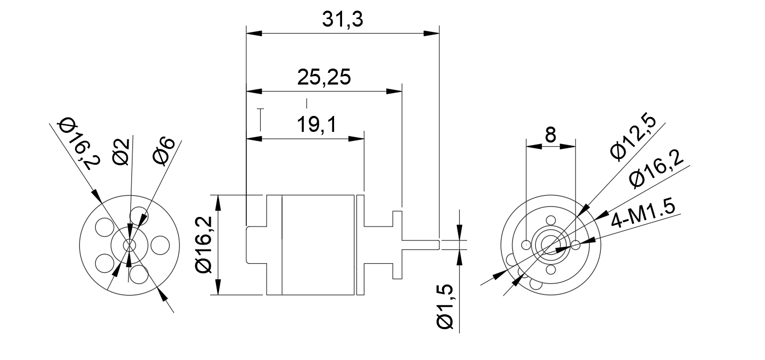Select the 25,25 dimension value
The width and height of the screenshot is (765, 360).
(x=323, y=77)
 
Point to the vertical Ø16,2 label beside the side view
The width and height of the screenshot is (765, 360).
(x=205, y=245)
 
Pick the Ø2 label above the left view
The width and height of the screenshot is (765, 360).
(x=122, y=152)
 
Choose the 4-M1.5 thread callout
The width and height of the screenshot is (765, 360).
(x=645, y=213)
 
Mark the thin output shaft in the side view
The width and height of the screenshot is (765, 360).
(x=420, y=245)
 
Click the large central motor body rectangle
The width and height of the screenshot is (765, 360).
(x=318, y=245)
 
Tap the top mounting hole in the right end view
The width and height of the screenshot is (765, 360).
(x=551, y=220)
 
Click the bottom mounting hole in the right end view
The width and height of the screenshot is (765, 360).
(x=551, y=270)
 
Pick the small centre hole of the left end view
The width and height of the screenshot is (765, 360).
(x=128, y=245)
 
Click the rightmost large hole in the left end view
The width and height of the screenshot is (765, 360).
(x=160, y=245)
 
